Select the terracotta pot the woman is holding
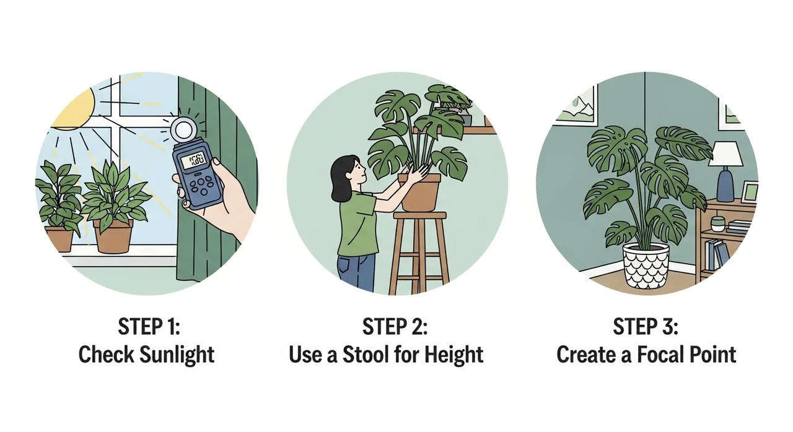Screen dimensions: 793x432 (420, 192)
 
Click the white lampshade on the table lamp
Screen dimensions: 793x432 (725, 154)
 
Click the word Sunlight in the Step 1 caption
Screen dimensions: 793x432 (177, 354)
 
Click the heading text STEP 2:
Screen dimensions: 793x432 (395, 326)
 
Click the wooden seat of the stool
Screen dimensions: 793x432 (420, 215)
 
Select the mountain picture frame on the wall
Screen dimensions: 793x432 (576, 105)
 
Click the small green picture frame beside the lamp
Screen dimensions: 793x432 (749, 192)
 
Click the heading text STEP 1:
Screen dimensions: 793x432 (149, 326)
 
